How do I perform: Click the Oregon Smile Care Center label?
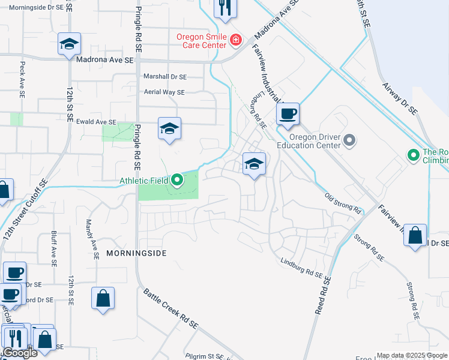click(x=201, y=41)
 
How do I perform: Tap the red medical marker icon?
click(x=236, y=41)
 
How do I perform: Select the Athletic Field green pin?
click(x=176, y=179)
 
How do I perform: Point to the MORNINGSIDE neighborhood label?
click(x=136, y=253)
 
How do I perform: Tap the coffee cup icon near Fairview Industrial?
click(x=288, y=113)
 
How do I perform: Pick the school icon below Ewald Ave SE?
click(x=169, y=128)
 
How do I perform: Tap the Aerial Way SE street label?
click(x=164, y=92)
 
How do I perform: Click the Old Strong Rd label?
click(x=343, y=203)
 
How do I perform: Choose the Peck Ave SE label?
click(x=22, y=79)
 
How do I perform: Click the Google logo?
click(x=20, y=353)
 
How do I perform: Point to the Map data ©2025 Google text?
click(x=411, y=355)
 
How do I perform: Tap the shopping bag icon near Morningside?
click(x=103, y=298)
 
